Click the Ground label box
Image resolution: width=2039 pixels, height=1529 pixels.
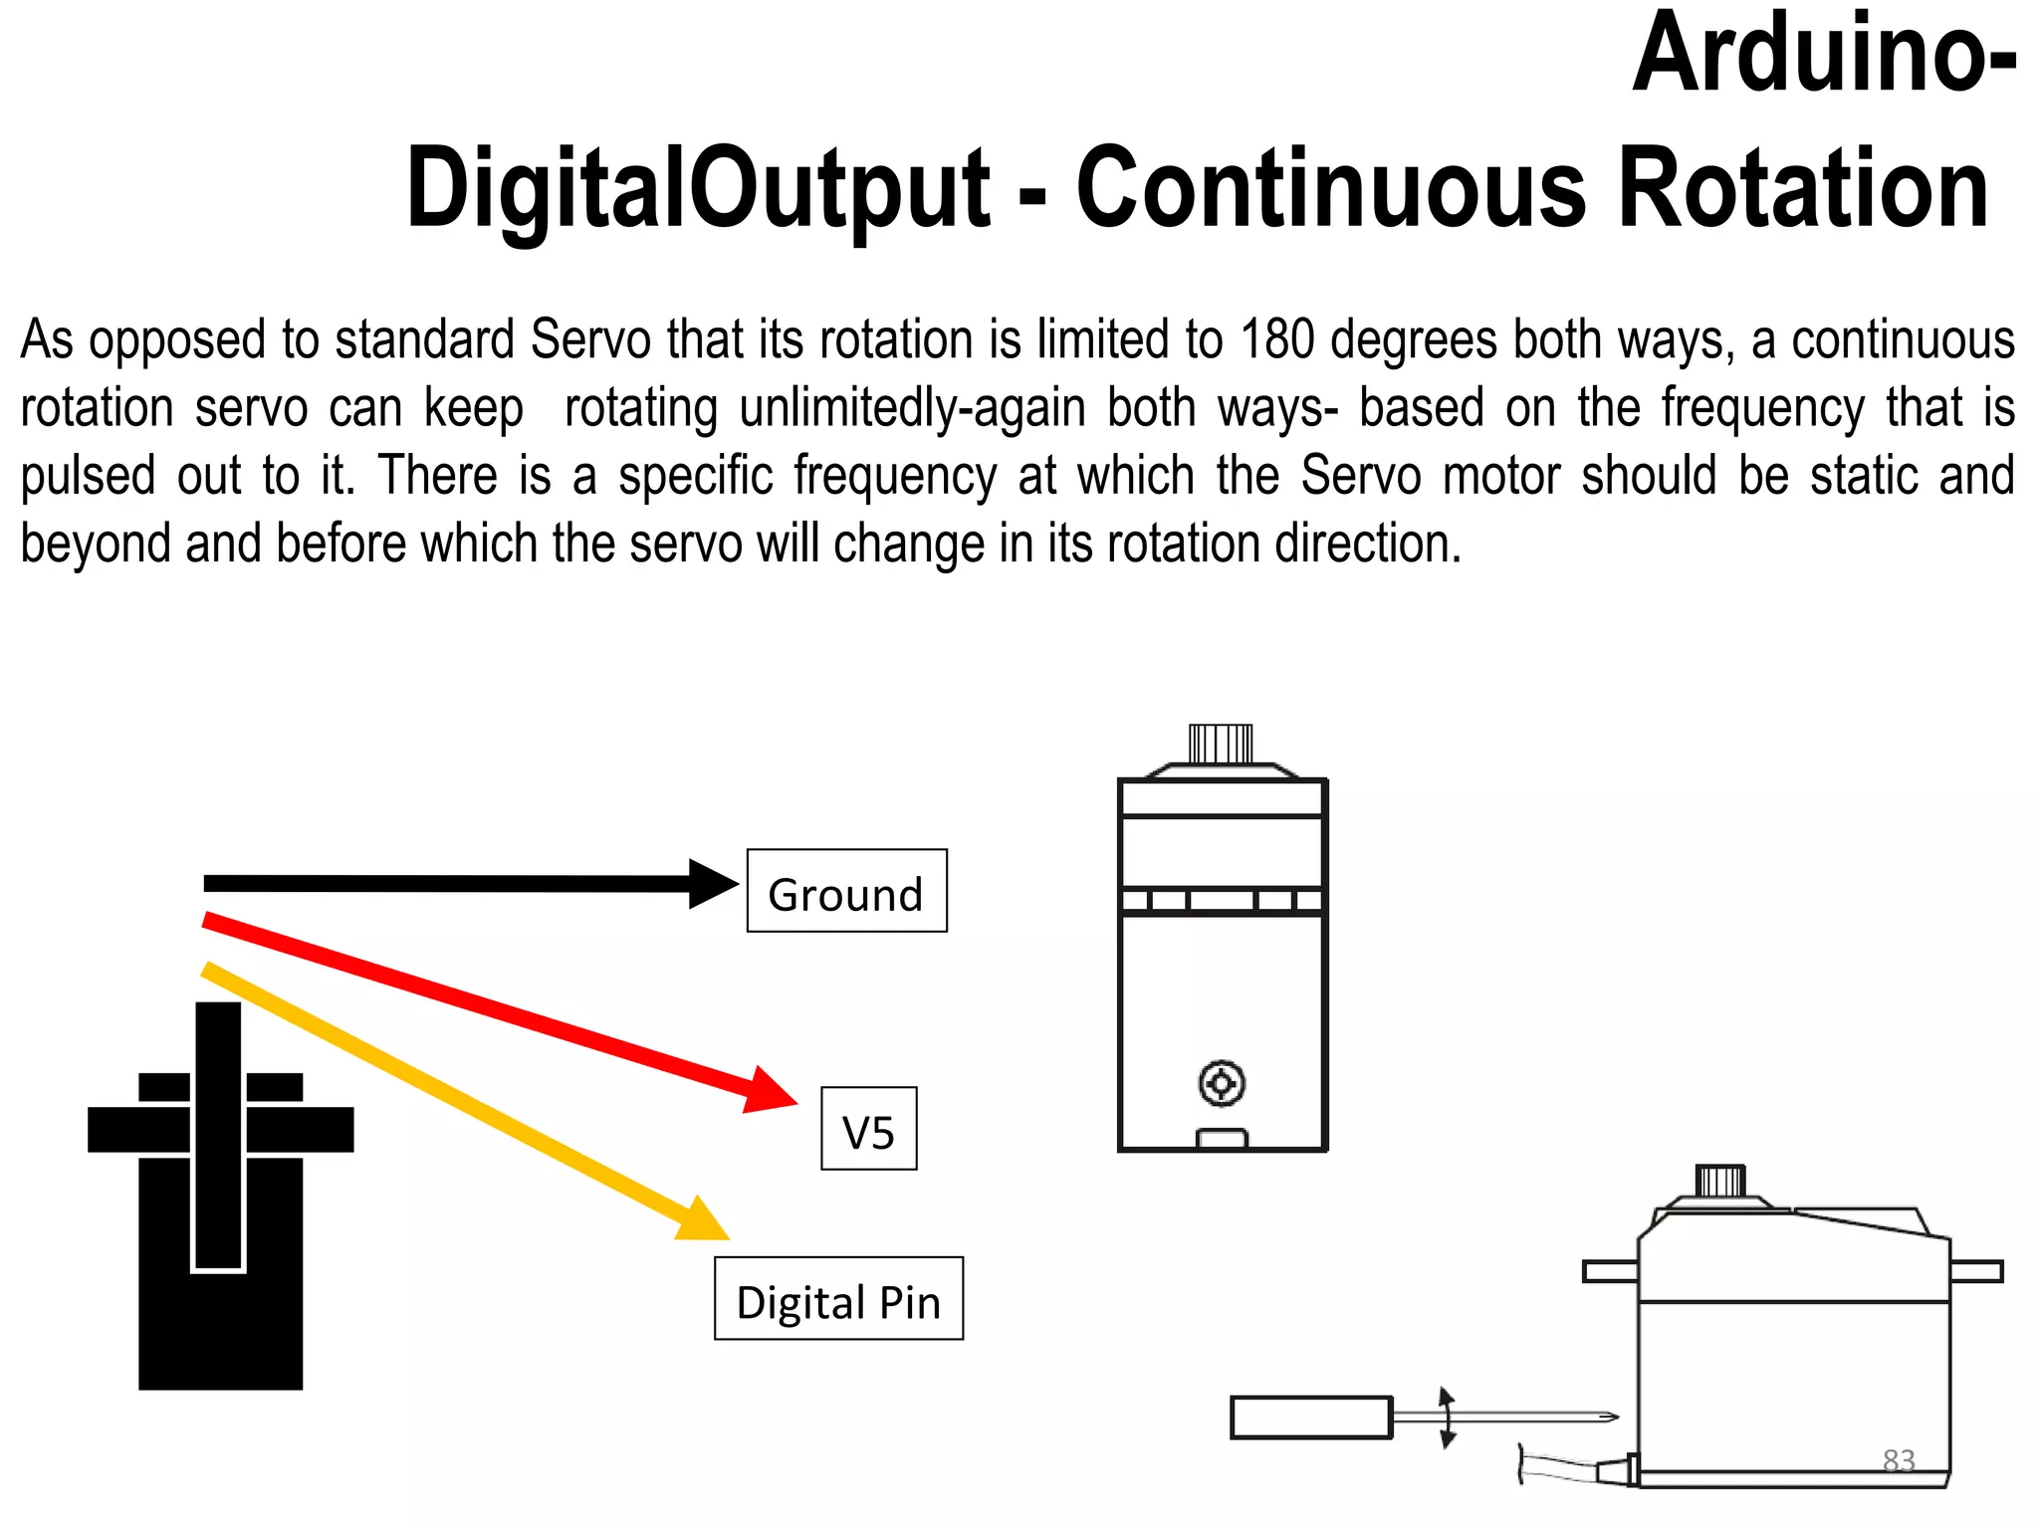tap(846, 891)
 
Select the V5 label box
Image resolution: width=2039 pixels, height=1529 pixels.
tap(868, 1129)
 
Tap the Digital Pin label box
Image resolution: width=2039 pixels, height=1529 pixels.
tap(838, 1299)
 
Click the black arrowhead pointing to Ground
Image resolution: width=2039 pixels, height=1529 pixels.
tap(713, 884)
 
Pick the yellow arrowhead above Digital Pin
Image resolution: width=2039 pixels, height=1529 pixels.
tap(703, 1220)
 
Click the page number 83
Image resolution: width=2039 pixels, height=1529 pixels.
tap(1899, 1460)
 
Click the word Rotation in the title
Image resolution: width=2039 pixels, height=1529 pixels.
tap(1803, 189)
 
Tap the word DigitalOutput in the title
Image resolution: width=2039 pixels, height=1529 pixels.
tap(698, 189)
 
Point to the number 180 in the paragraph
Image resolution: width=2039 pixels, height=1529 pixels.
tap(1277, 339)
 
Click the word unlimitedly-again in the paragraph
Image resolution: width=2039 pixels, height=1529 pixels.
tap(912, 408)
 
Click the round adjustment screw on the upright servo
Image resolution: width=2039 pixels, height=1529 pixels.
tap(1222, 1083)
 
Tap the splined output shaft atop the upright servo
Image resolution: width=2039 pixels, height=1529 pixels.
tap(1221, 744)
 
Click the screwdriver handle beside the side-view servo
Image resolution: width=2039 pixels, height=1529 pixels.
tap(1310, 1418)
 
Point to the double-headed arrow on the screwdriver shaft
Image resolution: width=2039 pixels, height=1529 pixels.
tap(1448, 1417)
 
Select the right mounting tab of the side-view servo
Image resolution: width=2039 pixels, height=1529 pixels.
tap(1976, 1271)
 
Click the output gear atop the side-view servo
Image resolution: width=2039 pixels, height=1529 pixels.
tap(1720, 1182)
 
